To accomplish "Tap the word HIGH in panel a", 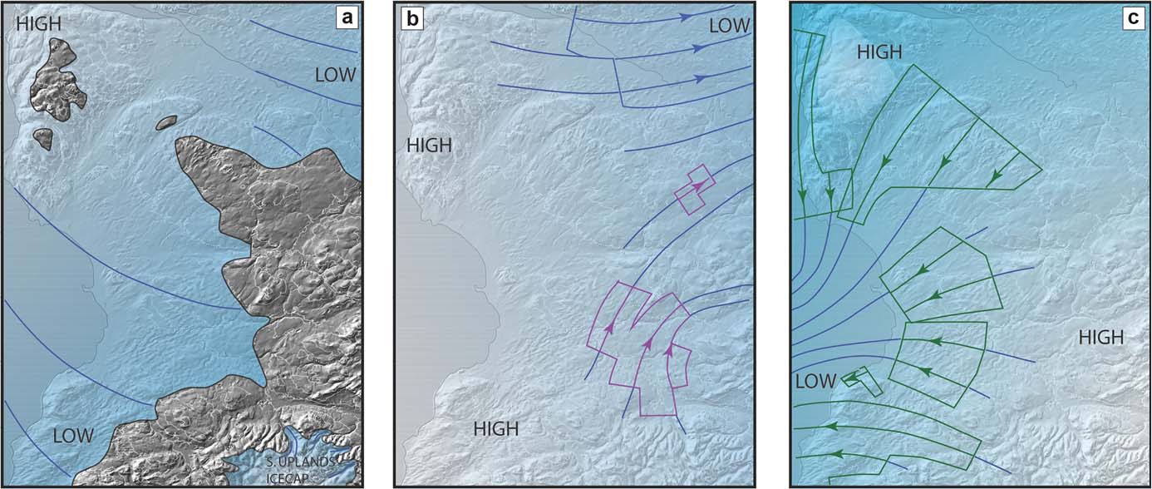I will (x=38, y=25).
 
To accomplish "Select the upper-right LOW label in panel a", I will (x=335, y=76).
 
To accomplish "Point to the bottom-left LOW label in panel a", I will (x=73, y=435).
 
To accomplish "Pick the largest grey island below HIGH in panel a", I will (x=58, y=86).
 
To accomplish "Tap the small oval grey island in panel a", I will (x=166, y=123).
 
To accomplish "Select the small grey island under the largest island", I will (x=42, y=138).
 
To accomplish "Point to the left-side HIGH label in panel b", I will (x=429, y=146).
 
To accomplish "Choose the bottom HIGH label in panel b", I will (x=496, y=429).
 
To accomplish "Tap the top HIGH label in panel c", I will (x=879, y=52).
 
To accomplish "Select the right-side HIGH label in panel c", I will (x=1100, y=337).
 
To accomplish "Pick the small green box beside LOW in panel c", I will (x=862, y=380).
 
